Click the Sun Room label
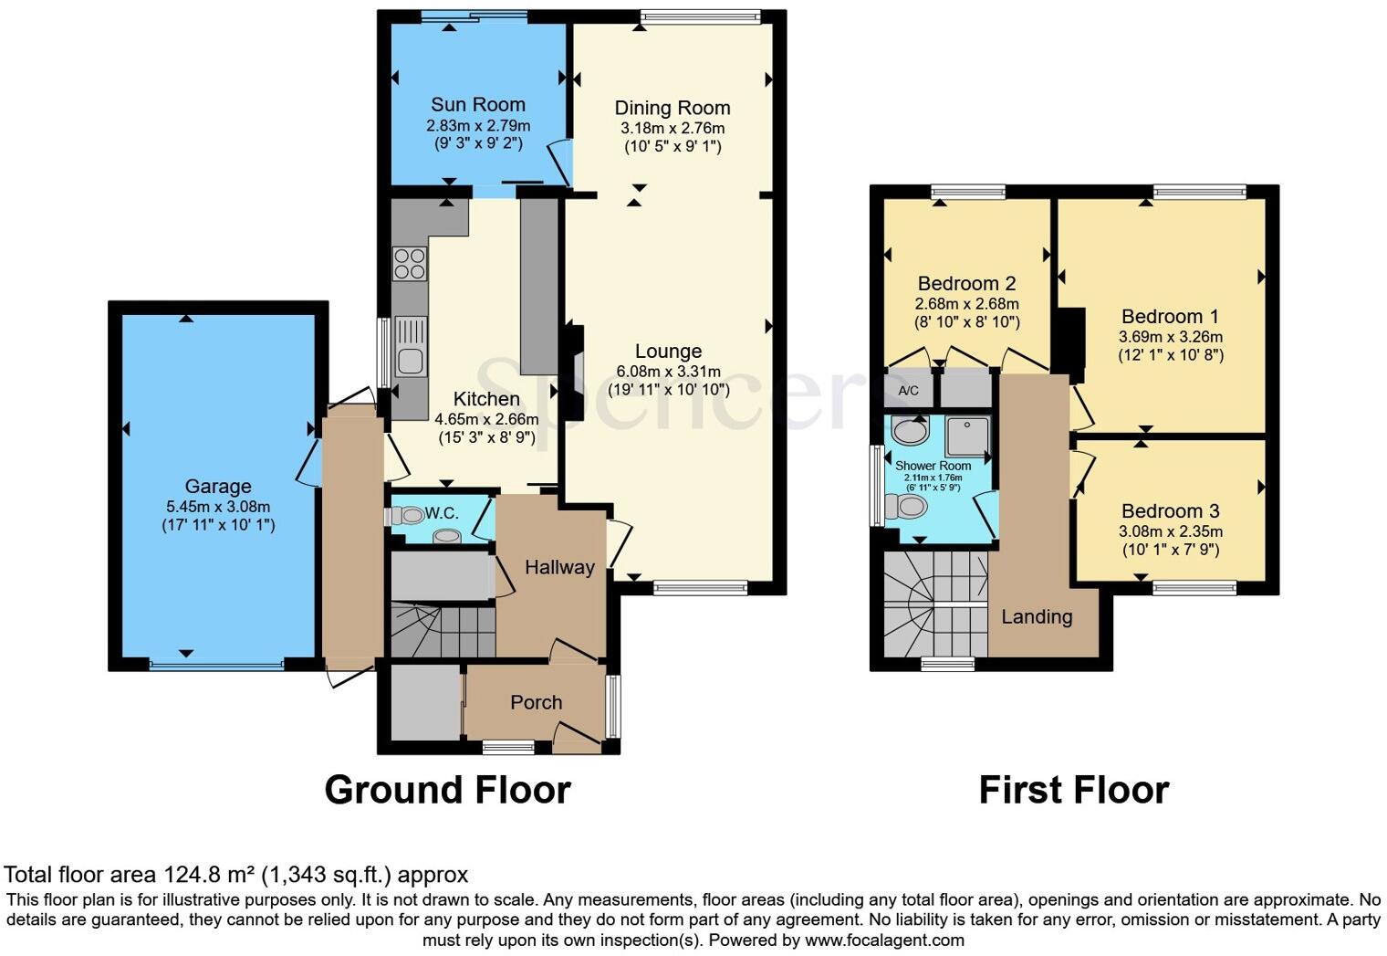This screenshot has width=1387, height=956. pos(477,104)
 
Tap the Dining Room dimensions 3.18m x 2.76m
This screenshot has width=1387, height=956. pos(673,128)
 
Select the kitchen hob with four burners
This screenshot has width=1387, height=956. pos(409,263)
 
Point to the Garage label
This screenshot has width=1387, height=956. pos(217,487)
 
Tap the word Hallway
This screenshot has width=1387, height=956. pos(559,567)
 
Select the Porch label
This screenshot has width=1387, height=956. pos(536,702)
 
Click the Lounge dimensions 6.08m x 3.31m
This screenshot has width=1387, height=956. pos(668,372)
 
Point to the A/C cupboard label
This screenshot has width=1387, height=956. pos(908,391)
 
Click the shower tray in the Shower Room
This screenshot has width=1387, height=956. pos(967,436)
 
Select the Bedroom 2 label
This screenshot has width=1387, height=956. pos(966,283)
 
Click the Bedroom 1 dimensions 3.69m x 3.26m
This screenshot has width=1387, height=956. pos(1170,336)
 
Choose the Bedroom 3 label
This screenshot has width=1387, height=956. pos(1170,511)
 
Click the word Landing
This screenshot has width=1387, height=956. pos(1037,616)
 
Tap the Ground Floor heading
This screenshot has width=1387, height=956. pos(447,790)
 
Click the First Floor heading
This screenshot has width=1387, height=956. pos(1073,790)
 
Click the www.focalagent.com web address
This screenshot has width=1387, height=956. pos(884,940)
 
